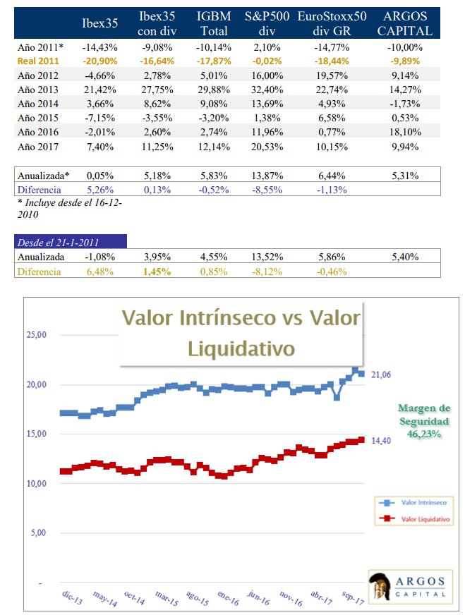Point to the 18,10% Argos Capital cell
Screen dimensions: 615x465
coord(406,132)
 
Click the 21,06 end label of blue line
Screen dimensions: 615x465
coord(381,375)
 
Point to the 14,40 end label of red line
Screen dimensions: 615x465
coord(381,440)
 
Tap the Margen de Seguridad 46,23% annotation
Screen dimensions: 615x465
coord(423,421)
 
